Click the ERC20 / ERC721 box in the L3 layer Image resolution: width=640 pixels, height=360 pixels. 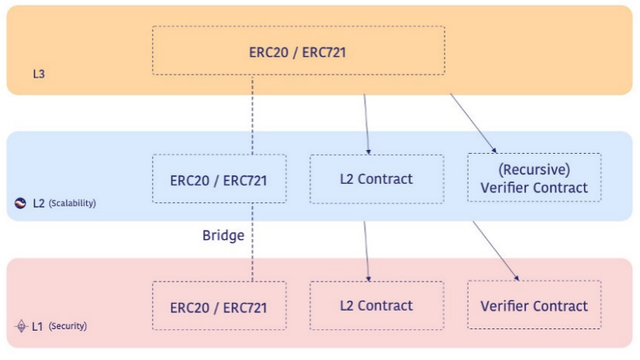298,51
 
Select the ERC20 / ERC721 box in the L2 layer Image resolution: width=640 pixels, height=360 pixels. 219,178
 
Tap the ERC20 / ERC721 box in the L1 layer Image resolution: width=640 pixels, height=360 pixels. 219,305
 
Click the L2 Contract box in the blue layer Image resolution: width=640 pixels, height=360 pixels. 377,178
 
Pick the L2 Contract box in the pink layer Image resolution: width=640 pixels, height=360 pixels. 377,305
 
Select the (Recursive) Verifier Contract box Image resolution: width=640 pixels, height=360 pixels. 535,178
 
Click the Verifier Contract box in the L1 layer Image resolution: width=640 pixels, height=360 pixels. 535,305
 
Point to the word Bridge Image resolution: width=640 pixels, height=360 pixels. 223,235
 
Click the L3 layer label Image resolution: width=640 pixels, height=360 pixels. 38,74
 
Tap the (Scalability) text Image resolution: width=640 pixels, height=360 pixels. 72,203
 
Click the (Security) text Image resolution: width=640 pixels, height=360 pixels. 68,325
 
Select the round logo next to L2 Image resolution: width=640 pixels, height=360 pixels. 21,203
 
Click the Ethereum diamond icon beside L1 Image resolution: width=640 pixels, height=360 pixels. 21,326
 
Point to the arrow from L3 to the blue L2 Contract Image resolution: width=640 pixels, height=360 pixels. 366,125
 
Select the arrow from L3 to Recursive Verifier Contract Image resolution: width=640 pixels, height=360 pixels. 474,124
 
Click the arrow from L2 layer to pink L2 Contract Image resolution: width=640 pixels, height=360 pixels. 366,252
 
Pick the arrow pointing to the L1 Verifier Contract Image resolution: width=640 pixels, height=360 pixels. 496,251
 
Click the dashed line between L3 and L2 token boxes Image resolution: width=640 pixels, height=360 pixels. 252,115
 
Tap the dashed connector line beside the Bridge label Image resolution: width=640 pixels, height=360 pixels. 252,242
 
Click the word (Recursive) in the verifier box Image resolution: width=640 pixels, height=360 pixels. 535,169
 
